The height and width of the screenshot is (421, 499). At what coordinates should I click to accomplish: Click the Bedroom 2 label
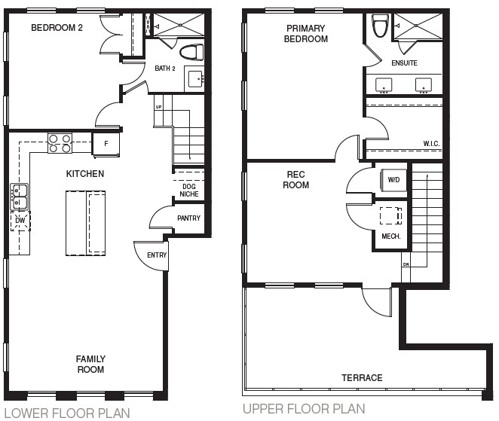coord(57,28)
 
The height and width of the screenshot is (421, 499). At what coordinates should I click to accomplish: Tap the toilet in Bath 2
coord(191,52)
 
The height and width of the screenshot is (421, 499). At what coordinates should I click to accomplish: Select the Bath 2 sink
coord(194,79)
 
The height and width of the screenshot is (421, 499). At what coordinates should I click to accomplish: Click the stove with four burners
coord(60,143)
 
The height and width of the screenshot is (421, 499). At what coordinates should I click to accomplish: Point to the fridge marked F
coord(106,144)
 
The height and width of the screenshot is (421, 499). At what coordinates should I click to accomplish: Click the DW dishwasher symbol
coord(20,221)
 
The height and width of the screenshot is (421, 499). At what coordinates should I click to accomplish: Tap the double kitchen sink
coord(19,197)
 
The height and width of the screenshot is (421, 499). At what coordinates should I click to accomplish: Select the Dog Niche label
coord(189,190)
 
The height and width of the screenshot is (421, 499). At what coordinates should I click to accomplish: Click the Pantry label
coord(188,218)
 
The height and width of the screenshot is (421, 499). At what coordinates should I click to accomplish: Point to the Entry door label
coord(157,255)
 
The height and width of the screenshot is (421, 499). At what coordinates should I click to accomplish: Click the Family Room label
coord(90,364)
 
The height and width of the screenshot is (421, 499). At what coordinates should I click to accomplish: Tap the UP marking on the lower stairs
coord(158,107)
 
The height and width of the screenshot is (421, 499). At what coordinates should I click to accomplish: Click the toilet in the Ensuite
coord(381,26)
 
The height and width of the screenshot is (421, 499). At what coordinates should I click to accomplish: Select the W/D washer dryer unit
coord(393,180)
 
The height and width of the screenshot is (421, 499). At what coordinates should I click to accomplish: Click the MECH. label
coord(391,236)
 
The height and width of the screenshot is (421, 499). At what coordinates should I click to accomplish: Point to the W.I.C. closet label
coord(431,143)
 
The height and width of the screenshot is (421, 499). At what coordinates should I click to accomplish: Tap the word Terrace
coord(362,378)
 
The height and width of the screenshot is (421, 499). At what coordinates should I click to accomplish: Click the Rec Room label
coord(296,180)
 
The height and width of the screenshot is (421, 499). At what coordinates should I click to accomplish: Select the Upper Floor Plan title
coord(304,409)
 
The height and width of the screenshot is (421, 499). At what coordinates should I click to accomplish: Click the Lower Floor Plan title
coord(67,413)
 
